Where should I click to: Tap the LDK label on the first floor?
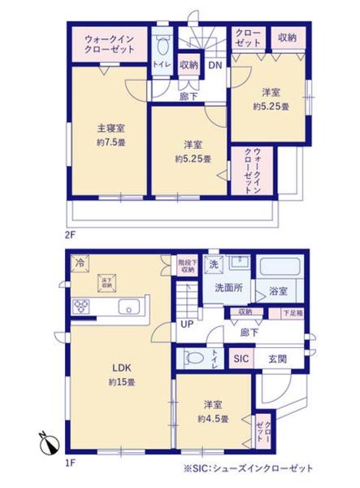click(x=122, y=366)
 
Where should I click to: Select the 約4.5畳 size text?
click(x=212, y=420)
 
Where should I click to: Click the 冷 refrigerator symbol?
click(x=80, y=262)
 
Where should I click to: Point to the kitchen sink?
click(x=129, y=307)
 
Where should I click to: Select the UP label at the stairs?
click(x=187, y=325)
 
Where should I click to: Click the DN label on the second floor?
click(x=215, y=65)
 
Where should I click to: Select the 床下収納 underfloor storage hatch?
click(x=106, y=284)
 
